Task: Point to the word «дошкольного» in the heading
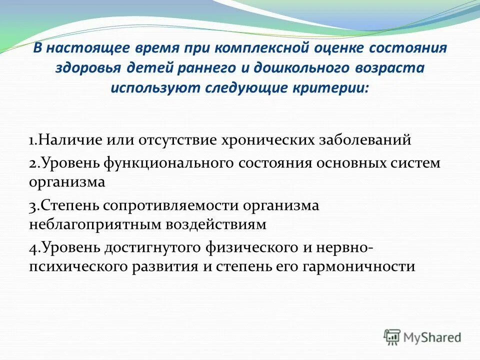point(293,68)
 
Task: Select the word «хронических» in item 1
point(265,139)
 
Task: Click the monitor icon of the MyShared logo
point(392,337)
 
